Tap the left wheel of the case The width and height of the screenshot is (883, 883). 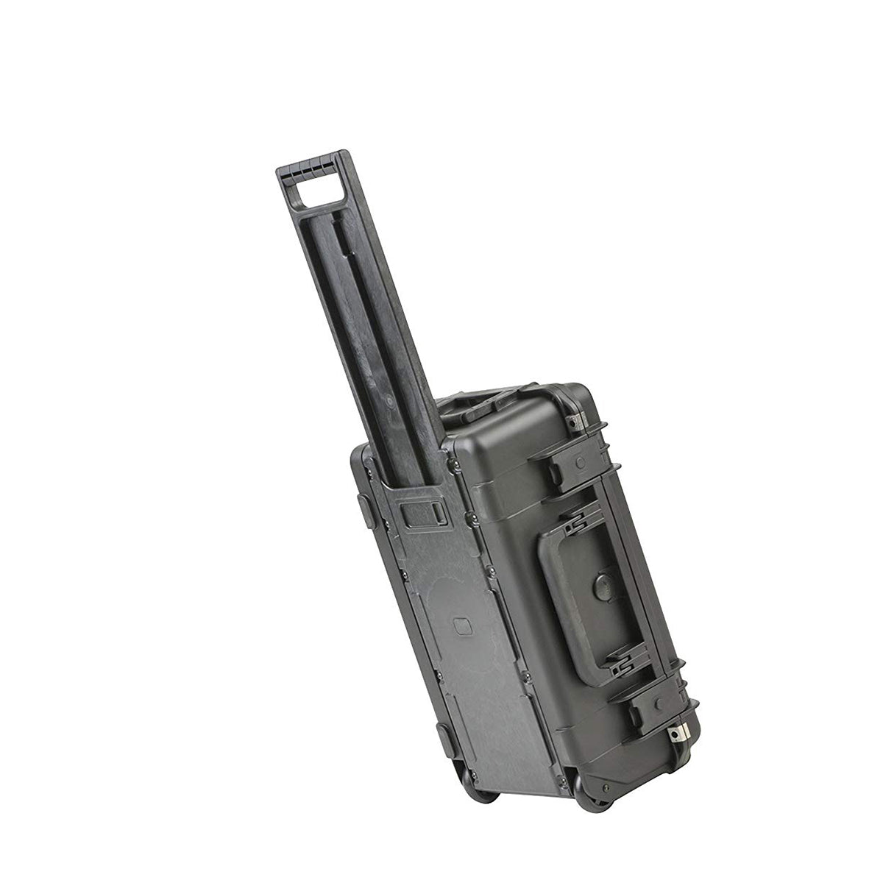point(483,787)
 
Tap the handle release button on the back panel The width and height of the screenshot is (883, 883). point(424,511)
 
